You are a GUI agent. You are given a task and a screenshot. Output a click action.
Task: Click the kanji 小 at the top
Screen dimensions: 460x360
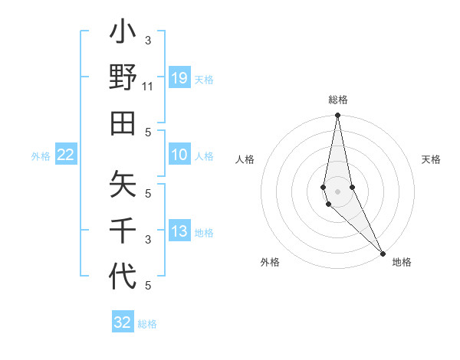coord(123,34)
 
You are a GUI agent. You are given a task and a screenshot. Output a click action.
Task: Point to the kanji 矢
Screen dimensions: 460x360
coord(123,186)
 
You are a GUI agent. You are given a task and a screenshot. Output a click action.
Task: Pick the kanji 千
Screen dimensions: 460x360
coord(123,230)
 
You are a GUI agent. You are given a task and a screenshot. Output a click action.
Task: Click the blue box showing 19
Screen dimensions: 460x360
coord(179,77)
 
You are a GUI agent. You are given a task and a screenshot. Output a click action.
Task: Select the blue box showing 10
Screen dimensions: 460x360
coord(179,155)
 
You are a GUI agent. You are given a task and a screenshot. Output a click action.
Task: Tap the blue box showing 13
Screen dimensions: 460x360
coord(179,231)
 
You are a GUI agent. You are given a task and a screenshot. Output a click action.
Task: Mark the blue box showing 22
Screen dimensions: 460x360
coord(66,155)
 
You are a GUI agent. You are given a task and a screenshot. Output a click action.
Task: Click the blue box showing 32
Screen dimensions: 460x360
coord(123,322)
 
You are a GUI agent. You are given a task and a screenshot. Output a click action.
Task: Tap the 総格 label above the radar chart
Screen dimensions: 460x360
coord(338,100)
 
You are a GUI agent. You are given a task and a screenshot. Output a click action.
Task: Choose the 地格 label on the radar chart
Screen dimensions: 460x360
coord(402,262)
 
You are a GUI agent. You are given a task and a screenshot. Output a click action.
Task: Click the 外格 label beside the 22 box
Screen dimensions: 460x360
coord(41,156)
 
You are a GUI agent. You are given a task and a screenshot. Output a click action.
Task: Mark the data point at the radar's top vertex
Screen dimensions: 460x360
coord(338,116)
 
